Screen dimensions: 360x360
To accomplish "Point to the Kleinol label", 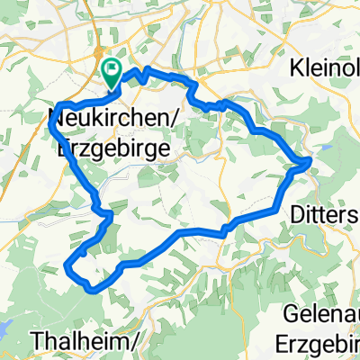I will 323,68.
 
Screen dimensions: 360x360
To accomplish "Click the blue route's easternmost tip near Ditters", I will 311,160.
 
